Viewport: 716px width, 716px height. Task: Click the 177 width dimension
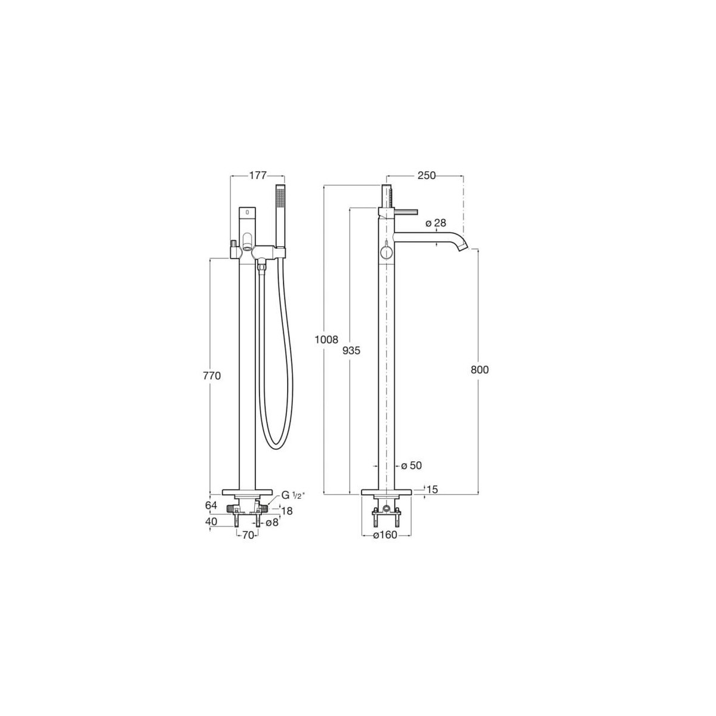(258, 175)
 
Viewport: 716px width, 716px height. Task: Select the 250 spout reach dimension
(427, 175)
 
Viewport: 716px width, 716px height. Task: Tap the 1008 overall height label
(328, 340)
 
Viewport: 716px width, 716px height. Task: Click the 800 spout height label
(480, 370)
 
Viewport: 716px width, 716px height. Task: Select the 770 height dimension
(212, 376)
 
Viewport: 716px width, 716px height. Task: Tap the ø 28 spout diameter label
(436, 223)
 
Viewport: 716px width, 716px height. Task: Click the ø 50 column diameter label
(411, 465)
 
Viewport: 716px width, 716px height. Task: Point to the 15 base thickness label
(433, 489)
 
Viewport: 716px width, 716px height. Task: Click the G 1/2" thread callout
(293, 495)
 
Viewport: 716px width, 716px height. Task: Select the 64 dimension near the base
(212, 505)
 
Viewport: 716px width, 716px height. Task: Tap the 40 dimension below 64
(212, 521)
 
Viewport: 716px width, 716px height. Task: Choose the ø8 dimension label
(271, 522)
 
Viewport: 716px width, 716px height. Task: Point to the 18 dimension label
(287, 511)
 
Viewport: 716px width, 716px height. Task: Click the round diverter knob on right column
(387, 253)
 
